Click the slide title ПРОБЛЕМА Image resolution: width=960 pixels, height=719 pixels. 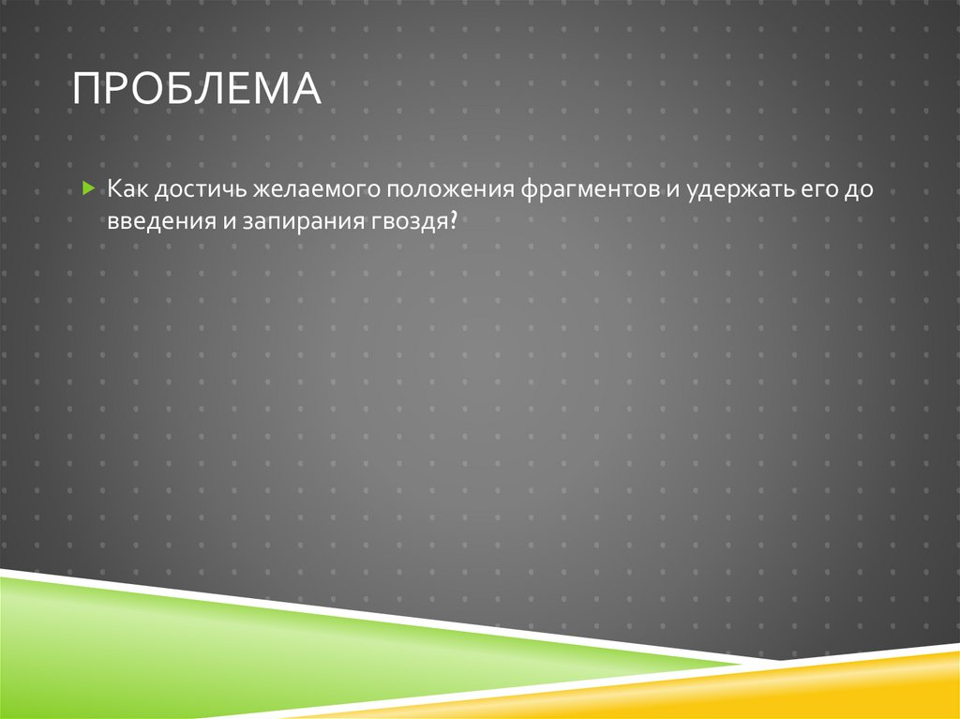[x=197, y=91]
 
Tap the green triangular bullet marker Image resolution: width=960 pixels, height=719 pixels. [x=87, y=188]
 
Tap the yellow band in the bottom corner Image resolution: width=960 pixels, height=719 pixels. [x=844, y=689]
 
